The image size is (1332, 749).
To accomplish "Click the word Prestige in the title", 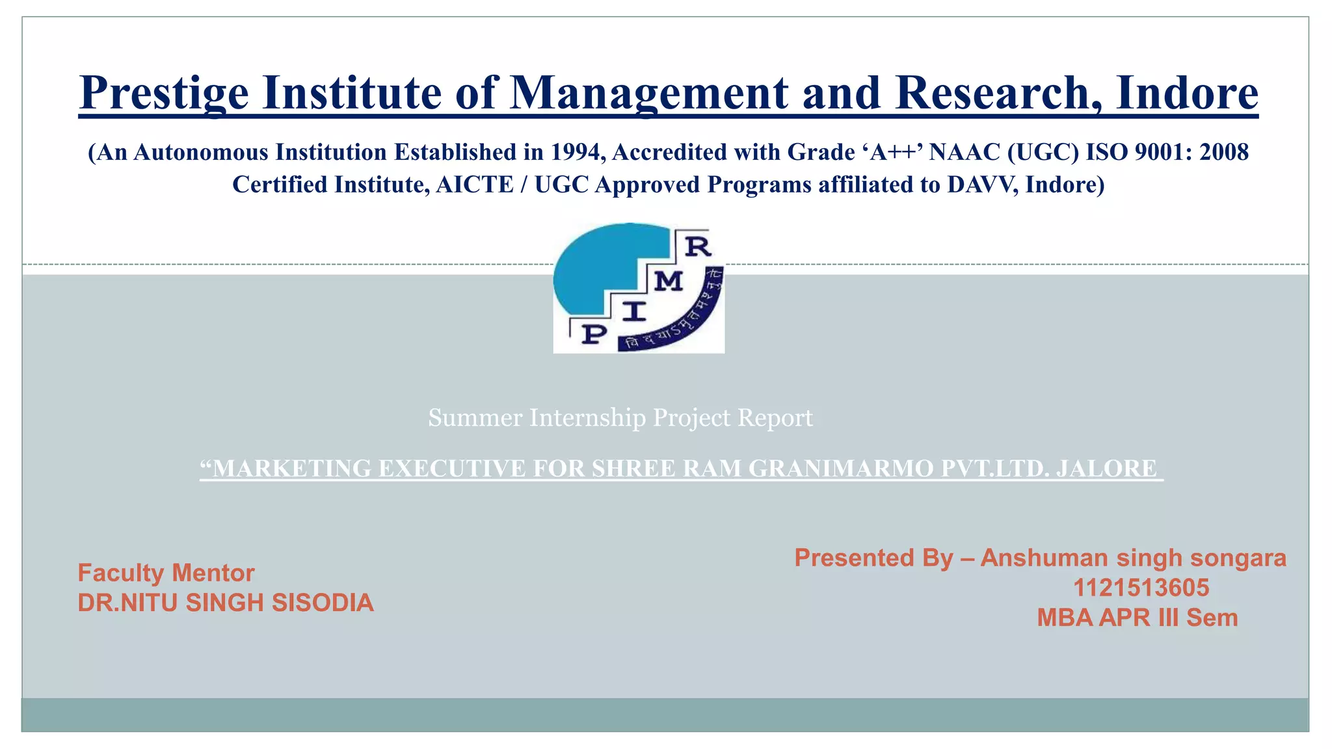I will (x=164, y=93).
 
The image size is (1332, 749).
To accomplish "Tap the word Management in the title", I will (x=648, y=93).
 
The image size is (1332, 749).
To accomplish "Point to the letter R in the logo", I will (x=698, y=246).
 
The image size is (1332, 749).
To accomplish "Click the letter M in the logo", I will (x=668, y=282).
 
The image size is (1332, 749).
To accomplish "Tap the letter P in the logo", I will (x=593, y=334).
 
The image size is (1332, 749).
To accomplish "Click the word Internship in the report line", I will (x=587, y=417).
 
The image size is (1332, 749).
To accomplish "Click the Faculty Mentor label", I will (x=166, y=573).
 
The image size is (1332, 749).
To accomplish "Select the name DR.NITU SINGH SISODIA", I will (x=225, y=603).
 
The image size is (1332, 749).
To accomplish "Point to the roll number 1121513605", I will (x=1141, y=588).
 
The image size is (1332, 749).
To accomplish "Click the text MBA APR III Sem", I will (x=1137, y=618).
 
